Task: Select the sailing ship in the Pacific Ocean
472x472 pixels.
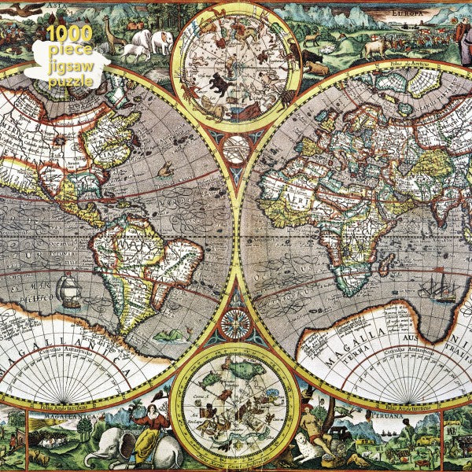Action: (x=68, y=289)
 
